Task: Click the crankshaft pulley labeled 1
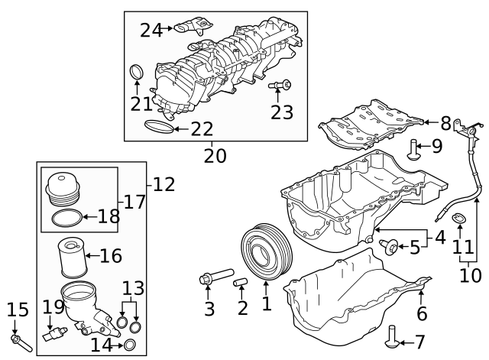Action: coord(262,249)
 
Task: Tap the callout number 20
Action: coord(215,156)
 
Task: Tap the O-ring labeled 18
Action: coord(65,219)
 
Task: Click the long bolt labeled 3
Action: coord(213,278)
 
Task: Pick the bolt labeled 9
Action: coord(413,148)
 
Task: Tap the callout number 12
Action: coord(164,184)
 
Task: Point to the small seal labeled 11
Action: coord(460,222)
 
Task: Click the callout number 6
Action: coord(422,313)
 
